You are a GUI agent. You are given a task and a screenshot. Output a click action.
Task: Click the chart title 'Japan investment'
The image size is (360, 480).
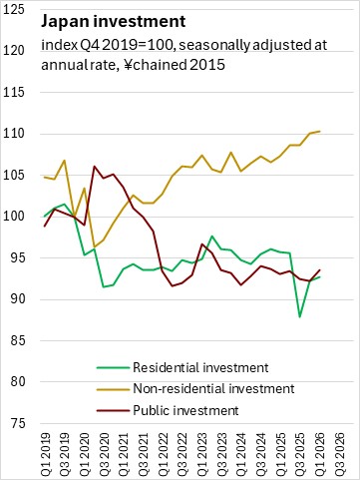pyautogui.click(x=113, y=22)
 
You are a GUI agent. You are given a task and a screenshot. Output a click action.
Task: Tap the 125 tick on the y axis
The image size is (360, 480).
pyautogui.click(x=13, y=9)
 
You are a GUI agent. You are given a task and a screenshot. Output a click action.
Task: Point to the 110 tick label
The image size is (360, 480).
pyautogui.click(x=13, y=134)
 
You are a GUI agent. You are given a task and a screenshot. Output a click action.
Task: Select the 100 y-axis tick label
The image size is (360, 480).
pyautogui.click(x=13, y=217)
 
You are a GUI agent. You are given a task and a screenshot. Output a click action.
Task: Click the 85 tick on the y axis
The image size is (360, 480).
pyautogui.click(x=17, y=340)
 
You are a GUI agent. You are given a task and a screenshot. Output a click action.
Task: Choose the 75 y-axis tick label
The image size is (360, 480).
pyautogui.click(x=17, y=423)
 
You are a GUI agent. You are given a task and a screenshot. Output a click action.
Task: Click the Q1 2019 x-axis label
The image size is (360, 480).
pyautogui.click(x=45, y=454)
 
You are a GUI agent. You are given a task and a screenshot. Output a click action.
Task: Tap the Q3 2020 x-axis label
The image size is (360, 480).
pyautogui.click(x=104, y=454)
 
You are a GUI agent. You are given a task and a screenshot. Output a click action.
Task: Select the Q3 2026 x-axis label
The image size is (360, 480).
pyautogui.click(x=340, y=454)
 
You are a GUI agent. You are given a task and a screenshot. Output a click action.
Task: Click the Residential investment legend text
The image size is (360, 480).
pyautogui.click(x=200, y=367)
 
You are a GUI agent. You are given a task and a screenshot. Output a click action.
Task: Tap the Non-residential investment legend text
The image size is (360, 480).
pyautogui.click(x=213, y=388)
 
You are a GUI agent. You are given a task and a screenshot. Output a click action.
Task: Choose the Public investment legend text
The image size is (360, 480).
pyautogui.click(x=185, y=410)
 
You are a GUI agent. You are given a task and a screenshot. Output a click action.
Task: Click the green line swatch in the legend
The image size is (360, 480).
pyautogui.click(x=113, y=367)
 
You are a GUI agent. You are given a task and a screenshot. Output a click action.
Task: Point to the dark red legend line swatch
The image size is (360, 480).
pyautogui.click(x=113, y=410)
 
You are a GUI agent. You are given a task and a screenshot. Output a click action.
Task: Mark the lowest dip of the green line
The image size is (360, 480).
pyautogui.click(x=300, y=317)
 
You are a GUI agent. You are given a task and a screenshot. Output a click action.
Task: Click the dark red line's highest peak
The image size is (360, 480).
pyautogui.click(x=95, y=167)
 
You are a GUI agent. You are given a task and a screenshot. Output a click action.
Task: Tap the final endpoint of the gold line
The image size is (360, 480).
pyautogui.click(x=320, y=131)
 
